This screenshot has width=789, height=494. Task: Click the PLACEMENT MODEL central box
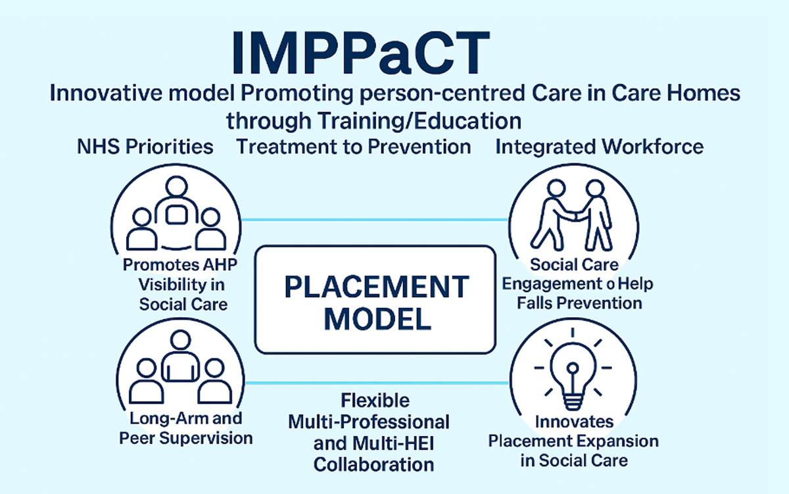coord(374,299)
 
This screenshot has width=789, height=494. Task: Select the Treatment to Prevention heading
coord(354,147)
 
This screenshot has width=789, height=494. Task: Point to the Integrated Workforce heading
coord(599,147)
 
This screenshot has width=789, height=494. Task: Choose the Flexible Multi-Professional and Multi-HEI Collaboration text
coord(373,433)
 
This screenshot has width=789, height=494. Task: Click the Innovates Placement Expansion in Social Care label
coord(573,440)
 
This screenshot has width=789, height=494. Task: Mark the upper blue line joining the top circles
coord(375,220)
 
